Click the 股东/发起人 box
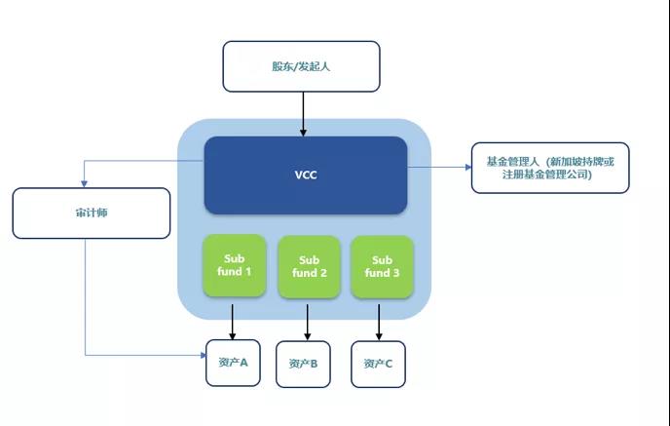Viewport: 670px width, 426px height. pos(301,66)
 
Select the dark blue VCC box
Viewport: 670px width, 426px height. pos(305,175)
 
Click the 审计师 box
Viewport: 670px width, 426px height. pos(91,213)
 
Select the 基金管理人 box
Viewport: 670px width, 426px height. pos(549,168)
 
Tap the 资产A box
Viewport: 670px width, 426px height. pos(233,363)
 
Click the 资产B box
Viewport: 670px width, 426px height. pos(303,365)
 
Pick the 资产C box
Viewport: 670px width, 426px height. pos(378,365)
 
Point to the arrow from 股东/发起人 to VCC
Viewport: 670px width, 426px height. pos(303,113)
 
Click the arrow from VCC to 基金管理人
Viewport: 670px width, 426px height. pos(438,168)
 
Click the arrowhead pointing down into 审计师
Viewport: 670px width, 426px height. pos(86,183)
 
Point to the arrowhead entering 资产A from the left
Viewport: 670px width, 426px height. pos(201,356)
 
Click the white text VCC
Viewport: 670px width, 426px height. pos(306,176)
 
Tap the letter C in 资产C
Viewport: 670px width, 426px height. pos(389,365)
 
